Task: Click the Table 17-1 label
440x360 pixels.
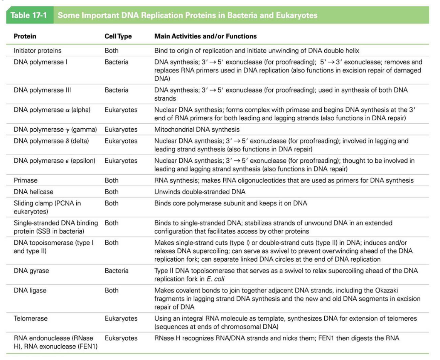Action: pyautogui.click(x=29, y=16)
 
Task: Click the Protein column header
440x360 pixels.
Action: pyautogui.click(x=25, y=36)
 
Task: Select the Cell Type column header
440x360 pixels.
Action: pyautogui.click(x=118, y=36)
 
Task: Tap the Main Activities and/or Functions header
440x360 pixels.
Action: pyautogui.click(x=206, y=36)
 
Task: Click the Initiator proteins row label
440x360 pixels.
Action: pyautogui.click(x=37, y=50)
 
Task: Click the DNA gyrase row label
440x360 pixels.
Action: pyautogui.click(x=32, y=271)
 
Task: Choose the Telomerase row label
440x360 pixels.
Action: pyautogui.click(x=30, y=319)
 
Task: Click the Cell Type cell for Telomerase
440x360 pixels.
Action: pyautogui.click(x=121, y=319)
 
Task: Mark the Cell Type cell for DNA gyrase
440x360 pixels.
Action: pyautogui.click(x=116, y=271)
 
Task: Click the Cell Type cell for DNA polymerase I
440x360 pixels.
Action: pyautogui.click(x=116, y=62)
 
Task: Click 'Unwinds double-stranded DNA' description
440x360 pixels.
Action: pyautogui.click(x=200, y=192)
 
